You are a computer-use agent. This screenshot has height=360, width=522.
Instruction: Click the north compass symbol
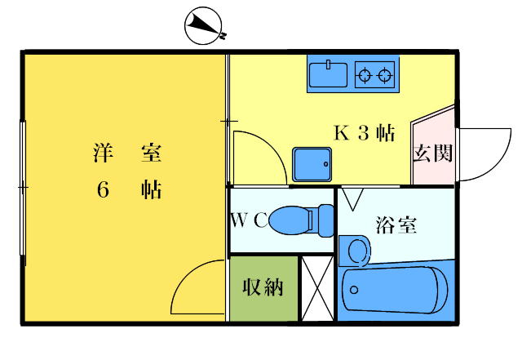tap(205, 26)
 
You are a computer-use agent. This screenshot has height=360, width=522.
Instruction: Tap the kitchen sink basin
tap(328, 74)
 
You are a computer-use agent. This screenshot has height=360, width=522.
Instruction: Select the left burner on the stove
tap(365, 75)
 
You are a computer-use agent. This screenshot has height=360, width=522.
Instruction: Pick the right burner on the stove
tap(384, 75)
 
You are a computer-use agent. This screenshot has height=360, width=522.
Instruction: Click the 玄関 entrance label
tap(433, 153)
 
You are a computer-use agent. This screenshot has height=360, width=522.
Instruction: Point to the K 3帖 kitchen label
tap(365, 133)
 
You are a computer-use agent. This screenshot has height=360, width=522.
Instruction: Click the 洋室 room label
tap(127, 153)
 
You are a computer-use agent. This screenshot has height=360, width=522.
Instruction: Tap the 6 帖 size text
tap(129, 190)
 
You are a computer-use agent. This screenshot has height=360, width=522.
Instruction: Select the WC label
tap(249, 220)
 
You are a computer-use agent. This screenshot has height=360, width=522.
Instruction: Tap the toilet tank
tap(325, 220)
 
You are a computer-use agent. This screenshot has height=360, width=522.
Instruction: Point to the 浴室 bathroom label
tap(396, 225)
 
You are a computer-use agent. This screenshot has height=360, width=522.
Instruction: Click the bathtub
tap(395, 290)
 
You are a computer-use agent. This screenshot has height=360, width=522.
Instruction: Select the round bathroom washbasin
tap(359, 251)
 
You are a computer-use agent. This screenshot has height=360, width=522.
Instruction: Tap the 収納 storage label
tap(263, 287)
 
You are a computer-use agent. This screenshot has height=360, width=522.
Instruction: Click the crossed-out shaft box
tap(317, 288)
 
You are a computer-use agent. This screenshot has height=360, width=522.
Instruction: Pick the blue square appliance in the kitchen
tap(312, 164)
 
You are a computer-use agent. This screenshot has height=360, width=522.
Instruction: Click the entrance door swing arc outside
tap(485, 154)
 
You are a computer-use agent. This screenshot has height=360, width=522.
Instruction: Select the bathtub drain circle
tap(354, 290)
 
